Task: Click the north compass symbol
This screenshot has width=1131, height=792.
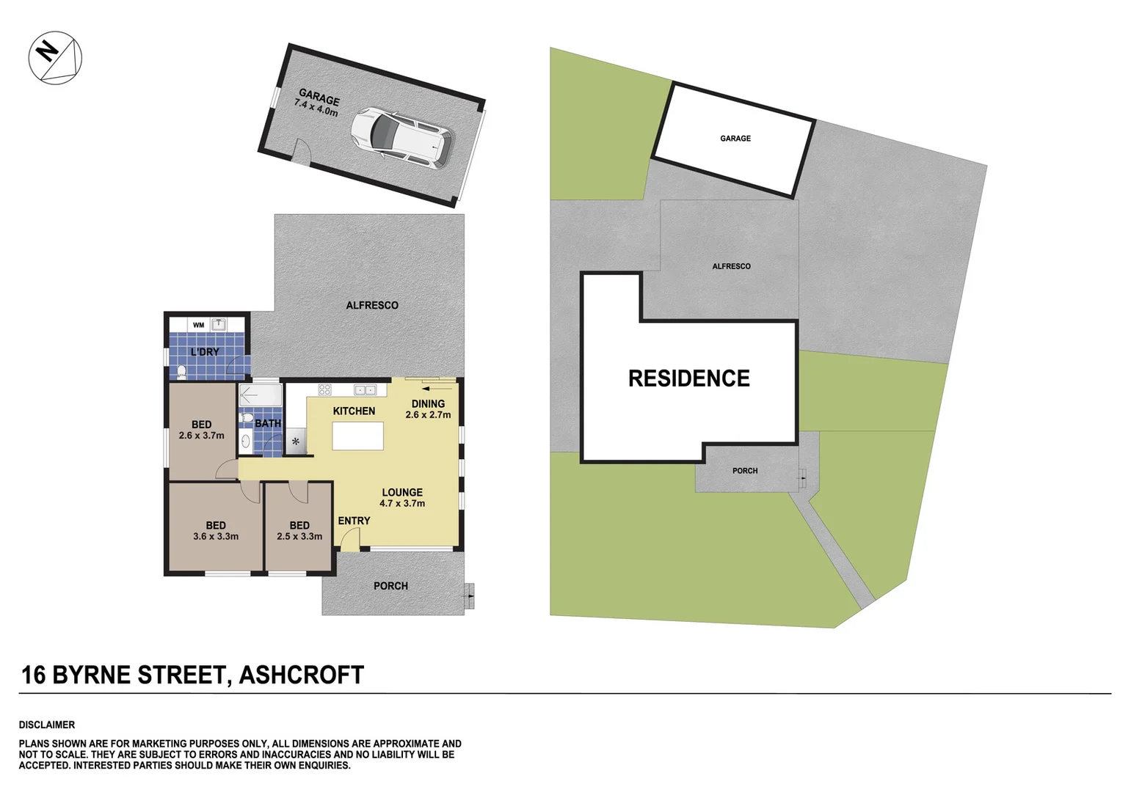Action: point(55,57)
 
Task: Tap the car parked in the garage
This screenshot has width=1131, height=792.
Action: point(401,139)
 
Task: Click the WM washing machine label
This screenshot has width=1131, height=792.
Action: point(198,325)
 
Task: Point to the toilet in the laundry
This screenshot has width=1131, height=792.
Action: point(181,372)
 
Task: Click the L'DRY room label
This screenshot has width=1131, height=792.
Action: point(205,352)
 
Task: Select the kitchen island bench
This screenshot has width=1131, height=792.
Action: point(357,436)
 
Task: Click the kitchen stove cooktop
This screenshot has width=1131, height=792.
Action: point(324,389)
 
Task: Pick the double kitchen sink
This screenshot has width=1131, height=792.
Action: point(365,389)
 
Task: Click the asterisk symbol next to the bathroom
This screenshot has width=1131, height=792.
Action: point(296,441)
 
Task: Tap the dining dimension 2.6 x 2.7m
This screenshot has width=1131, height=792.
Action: point(428,415)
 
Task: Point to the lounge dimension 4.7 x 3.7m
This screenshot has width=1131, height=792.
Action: point(402,504)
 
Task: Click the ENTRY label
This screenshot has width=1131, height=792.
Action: point(354,521)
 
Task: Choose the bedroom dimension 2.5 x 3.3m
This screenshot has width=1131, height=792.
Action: point(299,537)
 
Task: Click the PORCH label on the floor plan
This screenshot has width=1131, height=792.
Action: point(390,586)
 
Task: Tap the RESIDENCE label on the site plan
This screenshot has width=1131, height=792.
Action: point(688,378)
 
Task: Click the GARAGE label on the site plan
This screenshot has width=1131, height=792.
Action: point(735,139)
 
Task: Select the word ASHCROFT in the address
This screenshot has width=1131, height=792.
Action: point(302,675)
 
